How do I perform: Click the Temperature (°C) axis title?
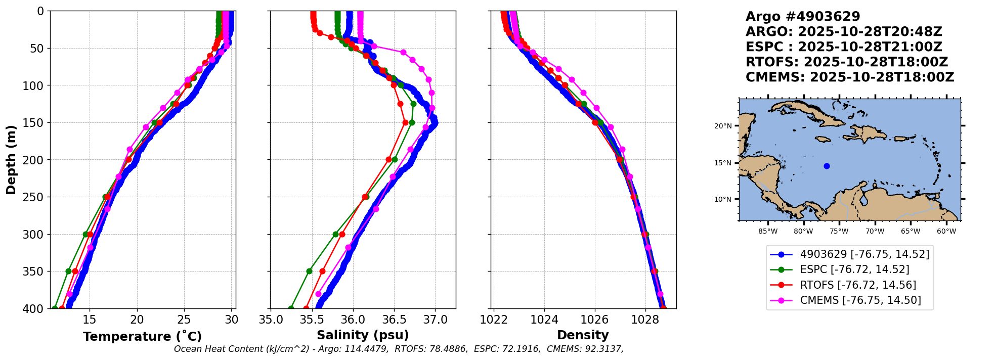coord(142,337)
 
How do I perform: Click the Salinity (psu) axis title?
coord(363,335)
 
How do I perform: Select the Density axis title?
coord(583,335)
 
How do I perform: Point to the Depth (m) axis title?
coord(11,160)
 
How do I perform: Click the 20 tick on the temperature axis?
coord(137,320)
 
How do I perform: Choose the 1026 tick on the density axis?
coord(594,320)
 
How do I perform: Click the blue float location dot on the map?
coord(827,166)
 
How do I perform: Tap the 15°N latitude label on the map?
coord(723,163)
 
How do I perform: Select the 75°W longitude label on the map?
coord(839,232)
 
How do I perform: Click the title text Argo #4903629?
coord(803,17)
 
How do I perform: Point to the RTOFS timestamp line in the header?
coord(846,62)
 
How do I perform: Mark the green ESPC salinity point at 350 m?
coord(309,271)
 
